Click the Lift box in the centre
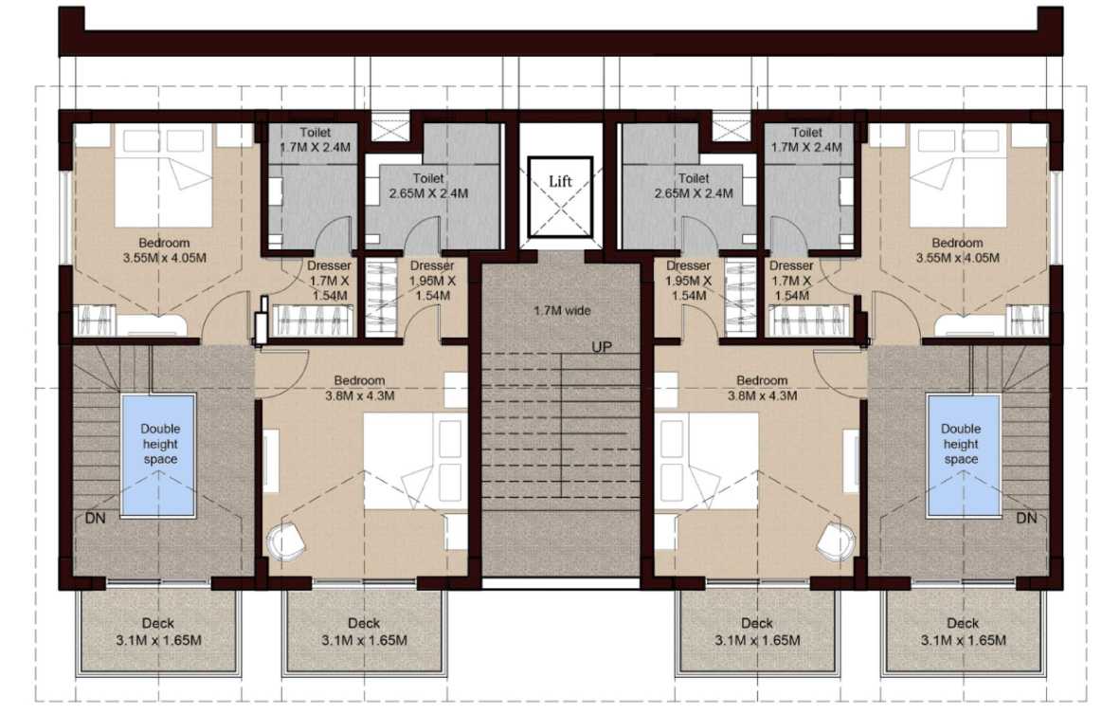tap(560, 197)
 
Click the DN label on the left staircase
tap(95, 518)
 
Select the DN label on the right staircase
tap(1026, 518)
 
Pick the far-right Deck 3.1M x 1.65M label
tap(963, 632)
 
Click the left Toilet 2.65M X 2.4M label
tap(428, 186)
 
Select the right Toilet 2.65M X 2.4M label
tap(694, 186)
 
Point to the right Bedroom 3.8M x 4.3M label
tap(762, 388)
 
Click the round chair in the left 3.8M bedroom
tap(285, 541)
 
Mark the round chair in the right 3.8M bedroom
tap(837, 541)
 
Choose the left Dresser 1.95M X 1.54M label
tap(432, 281)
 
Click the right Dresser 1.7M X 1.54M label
tap(791, 281)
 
